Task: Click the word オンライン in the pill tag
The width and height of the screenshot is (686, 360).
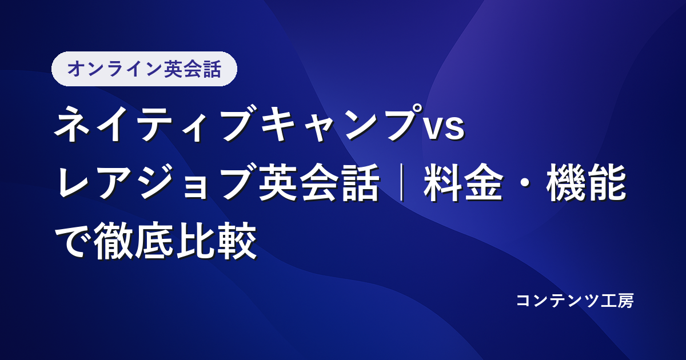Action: (114, 69)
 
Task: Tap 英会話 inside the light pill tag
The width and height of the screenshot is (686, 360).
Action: (193, 69)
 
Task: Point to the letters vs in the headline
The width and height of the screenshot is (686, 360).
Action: (444, 129)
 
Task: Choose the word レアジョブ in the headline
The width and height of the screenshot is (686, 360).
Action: (157, 182)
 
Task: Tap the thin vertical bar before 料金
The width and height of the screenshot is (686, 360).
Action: (402, 182)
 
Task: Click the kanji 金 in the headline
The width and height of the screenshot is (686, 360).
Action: (484, 182)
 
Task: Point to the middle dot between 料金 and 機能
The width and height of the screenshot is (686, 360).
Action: (525, 183)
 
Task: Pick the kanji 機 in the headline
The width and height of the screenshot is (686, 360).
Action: (565, 182)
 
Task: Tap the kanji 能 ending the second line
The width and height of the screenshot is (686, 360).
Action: (606, 182)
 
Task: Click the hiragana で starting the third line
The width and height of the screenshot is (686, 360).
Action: (73, 241)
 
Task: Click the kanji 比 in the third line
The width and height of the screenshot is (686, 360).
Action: (196, 241)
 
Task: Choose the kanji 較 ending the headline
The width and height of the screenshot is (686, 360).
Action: (236, 241)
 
